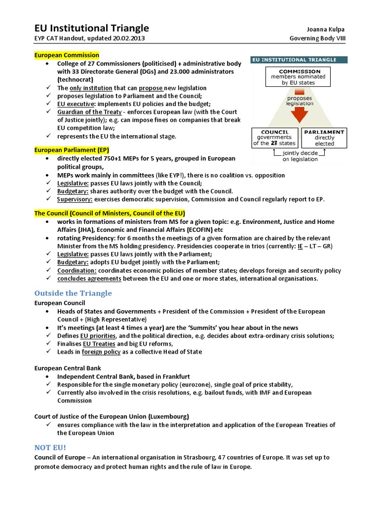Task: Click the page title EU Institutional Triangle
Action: click(x=91, y=28)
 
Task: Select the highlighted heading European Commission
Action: click(x=67, y=55)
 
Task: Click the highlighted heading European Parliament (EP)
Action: click(x=72, y=150)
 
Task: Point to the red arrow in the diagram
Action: click(x=299, y=114)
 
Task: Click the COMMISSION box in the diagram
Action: click(x=299, y=77)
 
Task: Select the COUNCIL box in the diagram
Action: click(x=274, y=138)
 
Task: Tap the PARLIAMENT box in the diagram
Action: click(x=324, y=138)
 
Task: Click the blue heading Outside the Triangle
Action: click(x=73, y=293)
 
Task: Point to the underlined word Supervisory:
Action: click(x=75, y=199)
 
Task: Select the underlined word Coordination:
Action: click(x=77, y=271)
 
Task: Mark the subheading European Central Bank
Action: click(x=68, y=368)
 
